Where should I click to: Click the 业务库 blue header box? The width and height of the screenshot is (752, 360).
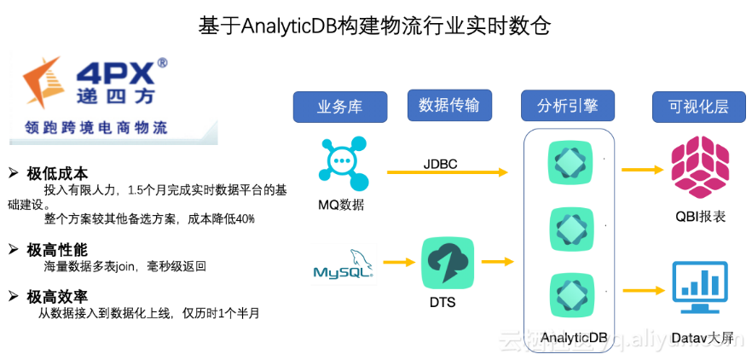tap(340, 107)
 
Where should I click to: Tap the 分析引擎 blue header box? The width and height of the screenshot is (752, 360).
tap(567, 107)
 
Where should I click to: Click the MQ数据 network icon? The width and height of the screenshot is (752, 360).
tap(343, 162)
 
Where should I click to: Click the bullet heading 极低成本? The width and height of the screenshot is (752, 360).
tap(57, 173)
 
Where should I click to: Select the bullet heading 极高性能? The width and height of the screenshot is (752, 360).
tap(57, 250)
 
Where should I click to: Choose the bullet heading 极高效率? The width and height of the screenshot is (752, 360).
tap(57, 296)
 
